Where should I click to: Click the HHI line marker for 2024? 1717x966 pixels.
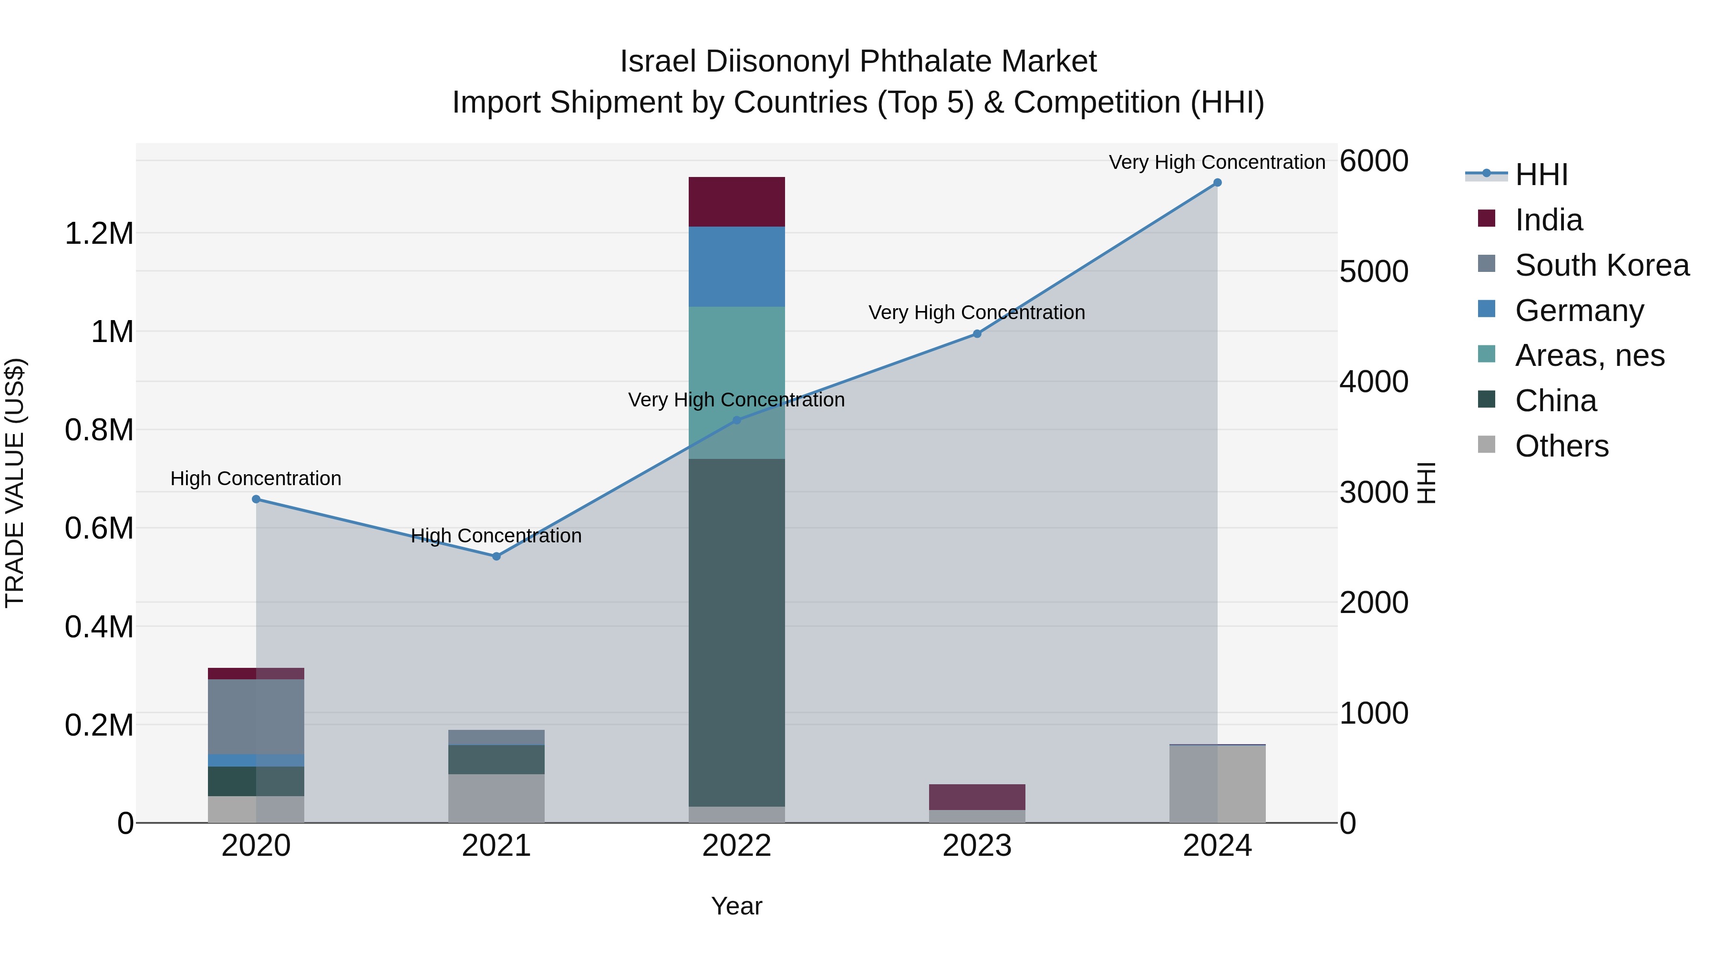tap(1217, 183)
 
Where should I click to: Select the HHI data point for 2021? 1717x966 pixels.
tap(496, 556)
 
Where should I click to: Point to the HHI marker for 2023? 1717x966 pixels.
tap(977, 334)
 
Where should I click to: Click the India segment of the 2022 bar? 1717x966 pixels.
tap(736, 202)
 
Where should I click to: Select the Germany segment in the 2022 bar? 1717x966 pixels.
tap(736, 267)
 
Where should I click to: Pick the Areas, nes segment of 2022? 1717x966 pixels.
tap(736, 383)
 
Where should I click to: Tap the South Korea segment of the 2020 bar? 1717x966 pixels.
tap(256, 717)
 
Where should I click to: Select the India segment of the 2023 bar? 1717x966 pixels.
tap(977, 797)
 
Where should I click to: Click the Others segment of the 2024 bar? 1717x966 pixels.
tap(1217, 784)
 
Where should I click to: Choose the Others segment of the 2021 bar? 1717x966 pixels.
tap(496, 799)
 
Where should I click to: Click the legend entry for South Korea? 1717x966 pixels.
tap(1602, 265)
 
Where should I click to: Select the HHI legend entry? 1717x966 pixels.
tap(1541, 175)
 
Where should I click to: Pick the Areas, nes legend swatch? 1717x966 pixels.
tap(1486, 354)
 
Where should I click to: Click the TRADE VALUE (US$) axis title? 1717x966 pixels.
tap(15, 483)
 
